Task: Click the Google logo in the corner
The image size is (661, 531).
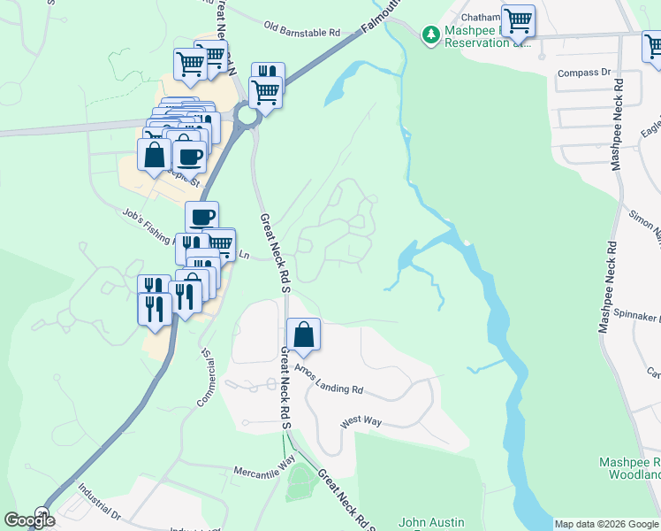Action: click(x=30, y=520)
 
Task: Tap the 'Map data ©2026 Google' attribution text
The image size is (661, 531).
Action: click(x=606, y=524)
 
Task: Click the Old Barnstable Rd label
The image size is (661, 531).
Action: click(x=301, y=31)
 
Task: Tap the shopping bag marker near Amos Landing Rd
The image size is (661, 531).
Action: click(x=303, y=335)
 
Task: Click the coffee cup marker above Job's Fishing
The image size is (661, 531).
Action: click(x=201, y=217)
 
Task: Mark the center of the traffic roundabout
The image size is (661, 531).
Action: click(x=246, y=115)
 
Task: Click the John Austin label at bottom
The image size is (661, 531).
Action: click(x=431, y=522)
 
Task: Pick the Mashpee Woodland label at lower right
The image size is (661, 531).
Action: click(x=630, y=468)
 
